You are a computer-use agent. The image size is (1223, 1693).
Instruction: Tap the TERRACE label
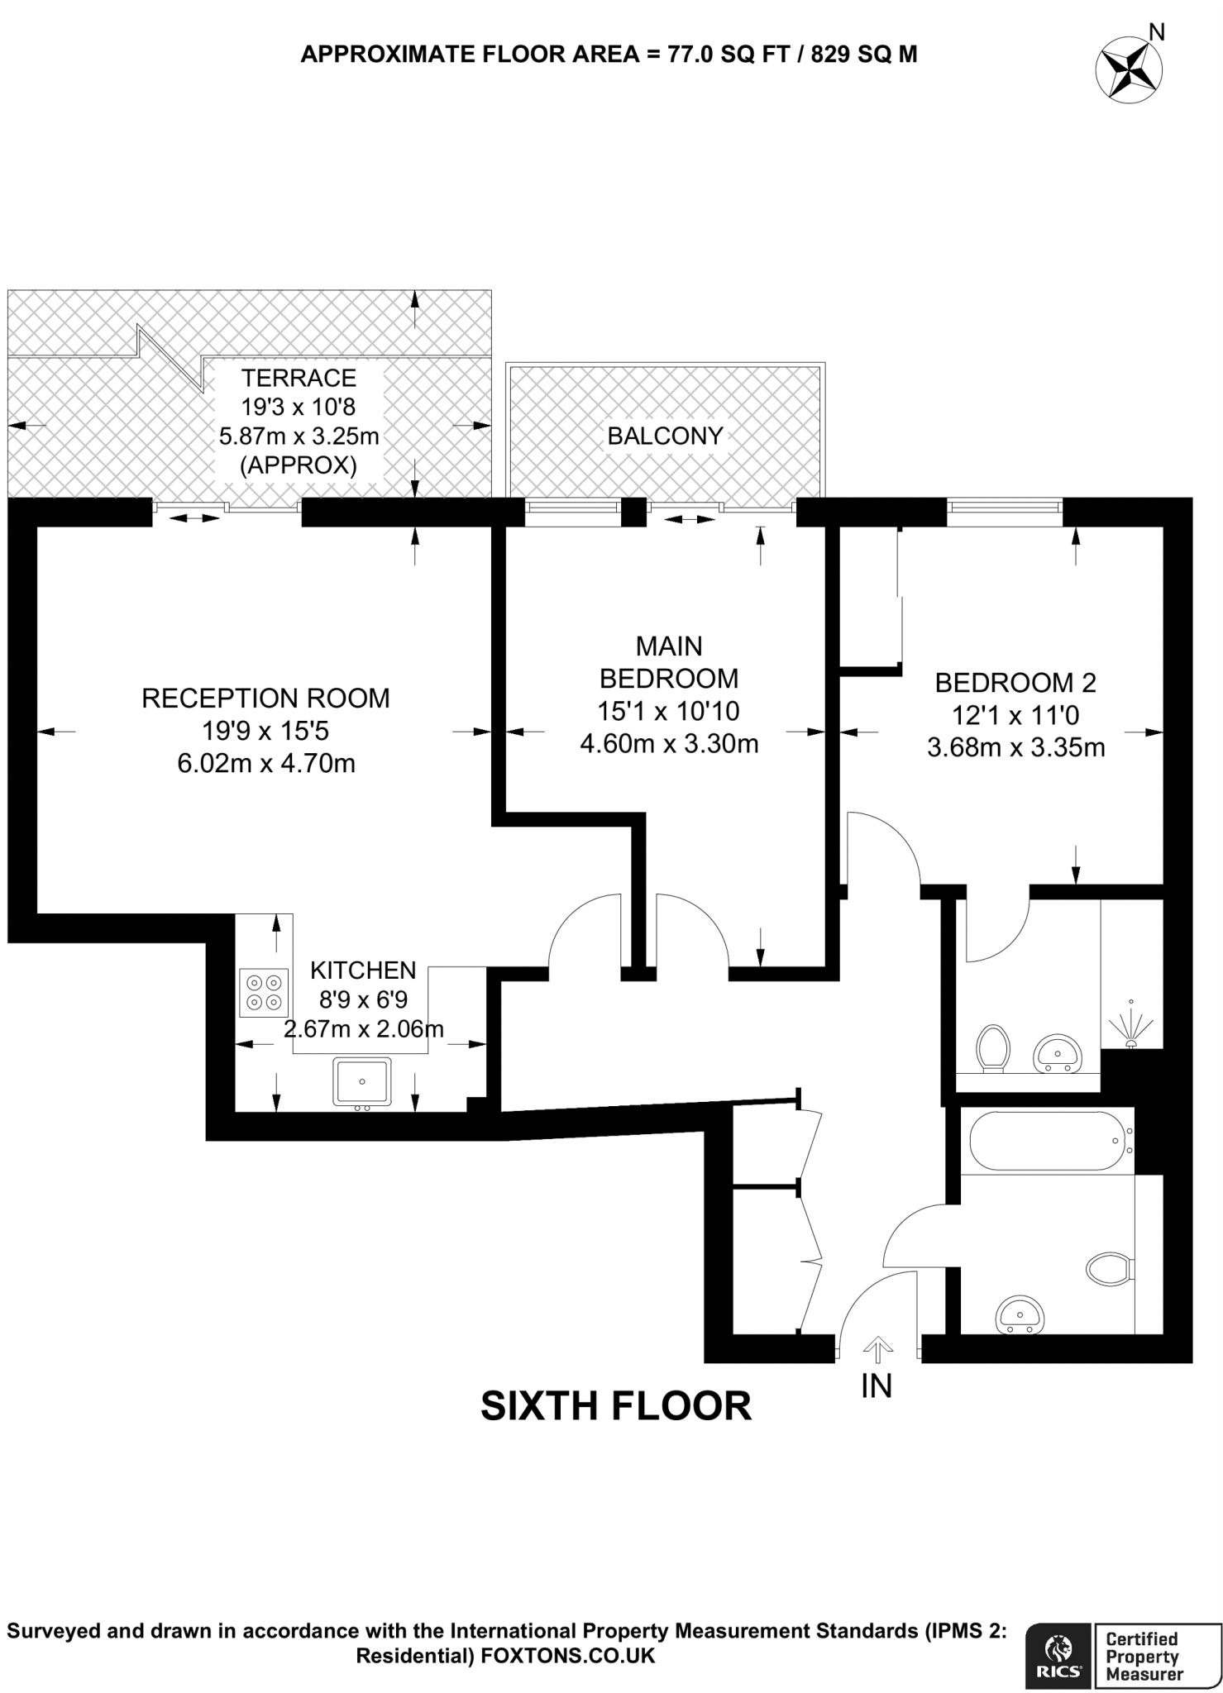pyautogui.click(x=299, y=378)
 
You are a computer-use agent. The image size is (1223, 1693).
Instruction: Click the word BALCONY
pyautogui.click(x=665, y=436)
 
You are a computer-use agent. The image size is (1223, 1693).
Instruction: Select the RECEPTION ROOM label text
pyautogui.click(x=265, y=698)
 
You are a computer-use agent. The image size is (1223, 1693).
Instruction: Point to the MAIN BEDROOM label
pyautogui.click(x=668, y=661)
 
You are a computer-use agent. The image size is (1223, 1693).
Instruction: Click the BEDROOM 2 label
pyautogui.click(x=1015, y=682)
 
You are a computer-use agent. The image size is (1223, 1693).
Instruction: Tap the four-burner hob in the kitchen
pyautogui.click(x=264, y=992)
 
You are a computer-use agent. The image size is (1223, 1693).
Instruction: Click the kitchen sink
pyautogui.click(x=362, y=1081)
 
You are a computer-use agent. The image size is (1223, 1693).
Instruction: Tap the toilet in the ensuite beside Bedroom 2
pyautogui.click(x=992, y=1049)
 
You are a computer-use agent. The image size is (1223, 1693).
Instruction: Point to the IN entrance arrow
pyautogui.click(x=877, y=1351)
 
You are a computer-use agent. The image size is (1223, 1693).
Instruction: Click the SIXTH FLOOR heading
pyautogui.click(x=616, y=1405)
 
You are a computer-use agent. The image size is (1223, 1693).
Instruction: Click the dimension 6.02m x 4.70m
pyautogui.click(x=266, y=762)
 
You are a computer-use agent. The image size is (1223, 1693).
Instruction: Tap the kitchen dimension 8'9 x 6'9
pyautogui.click(x=363, y=999)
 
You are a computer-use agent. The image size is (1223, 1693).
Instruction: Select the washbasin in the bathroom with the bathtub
pyautogui.click(x=1020, y=1314)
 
